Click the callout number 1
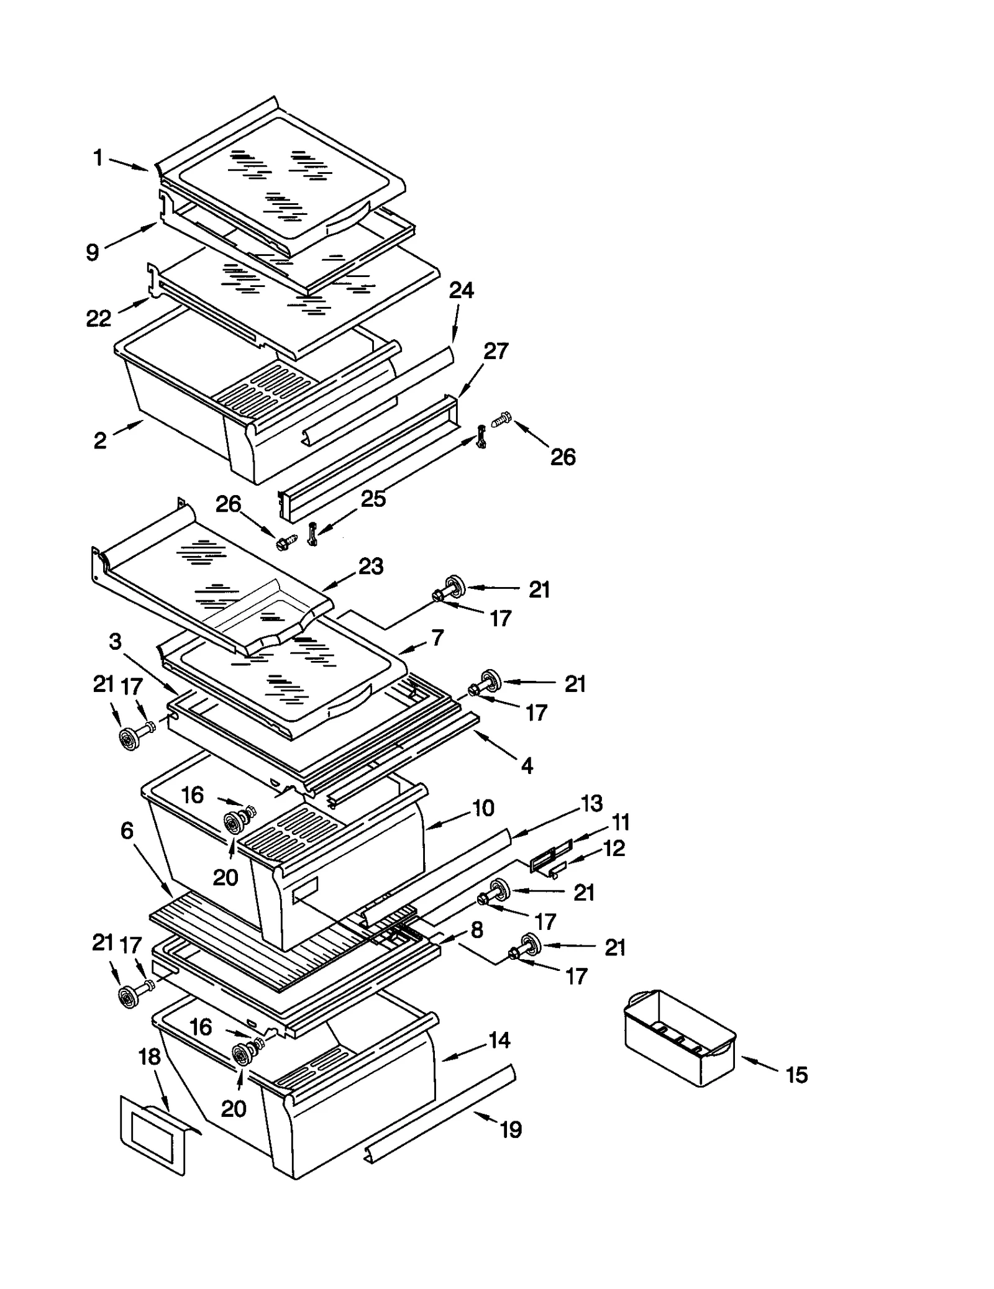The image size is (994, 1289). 98,158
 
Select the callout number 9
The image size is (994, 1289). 92,252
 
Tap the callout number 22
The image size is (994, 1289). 98,319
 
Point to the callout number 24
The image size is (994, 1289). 462,290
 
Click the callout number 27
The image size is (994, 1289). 496,351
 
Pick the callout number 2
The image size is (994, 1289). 100,440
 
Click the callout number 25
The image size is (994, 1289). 373,498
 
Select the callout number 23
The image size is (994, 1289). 371,567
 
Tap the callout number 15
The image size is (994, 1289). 796,1075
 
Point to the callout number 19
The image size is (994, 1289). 511,1129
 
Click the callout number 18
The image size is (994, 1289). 150,1057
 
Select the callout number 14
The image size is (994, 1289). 499,1040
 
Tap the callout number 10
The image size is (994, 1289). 483,808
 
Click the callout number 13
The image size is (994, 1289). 591,803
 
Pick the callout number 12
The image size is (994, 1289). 614,848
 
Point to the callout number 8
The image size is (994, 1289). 477,930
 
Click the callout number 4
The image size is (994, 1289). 527,766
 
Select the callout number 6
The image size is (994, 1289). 127,831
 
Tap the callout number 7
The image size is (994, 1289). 437,637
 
